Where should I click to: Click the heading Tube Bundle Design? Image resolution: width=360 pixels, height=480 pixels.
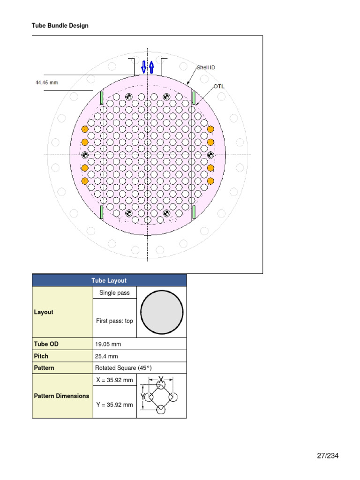point(60,26)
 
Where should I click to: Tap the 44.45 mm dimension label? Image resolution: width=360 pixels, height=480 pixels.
point(47,82)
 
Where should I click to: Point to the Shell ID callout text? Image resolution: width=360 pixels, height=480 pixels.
point(206,67)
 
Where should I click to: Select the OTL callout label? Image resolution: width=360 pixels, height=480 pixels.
point(219,86)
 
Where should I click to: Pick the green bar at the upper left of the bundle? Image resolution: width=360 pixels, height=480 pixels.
point(101,97)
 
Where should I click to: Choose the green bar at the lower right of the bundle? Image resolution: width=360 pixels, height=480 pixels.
point(193,212)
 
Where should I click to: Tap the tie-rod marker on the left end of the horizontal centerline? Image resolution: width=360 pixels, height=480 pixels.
point(85,155)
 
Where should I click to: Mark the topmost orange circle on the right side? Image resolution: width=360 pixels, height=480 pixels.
point(210,129)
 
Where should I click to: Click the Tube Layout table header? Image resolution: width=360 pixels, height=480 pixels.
point(109,280)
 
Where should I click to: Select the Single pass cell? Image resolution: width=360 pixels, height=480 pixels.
point(114,293)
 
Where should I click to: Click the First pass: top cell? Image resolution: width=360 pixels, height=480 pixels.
point(114,321)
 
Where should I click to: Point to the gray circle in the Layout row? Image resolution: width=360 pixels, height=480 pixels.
point(162,312)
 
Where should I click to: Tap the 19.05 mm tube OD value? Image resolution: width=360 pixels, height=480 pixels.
point(108,344)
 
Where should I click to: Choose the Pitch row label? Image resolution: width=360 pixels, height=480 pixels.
point(41,356)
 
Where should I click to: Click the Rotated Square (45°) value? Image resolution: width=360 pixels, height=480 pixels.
point(123,368)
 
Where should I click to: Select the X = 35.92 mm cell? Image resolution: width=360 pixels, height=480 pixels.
point(114,380)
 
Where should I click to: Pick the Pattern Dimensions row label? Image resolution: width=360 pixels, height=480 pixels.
point(61,396)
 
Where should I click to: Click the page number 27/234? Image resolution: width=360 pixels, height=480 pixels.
point(327,456)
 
